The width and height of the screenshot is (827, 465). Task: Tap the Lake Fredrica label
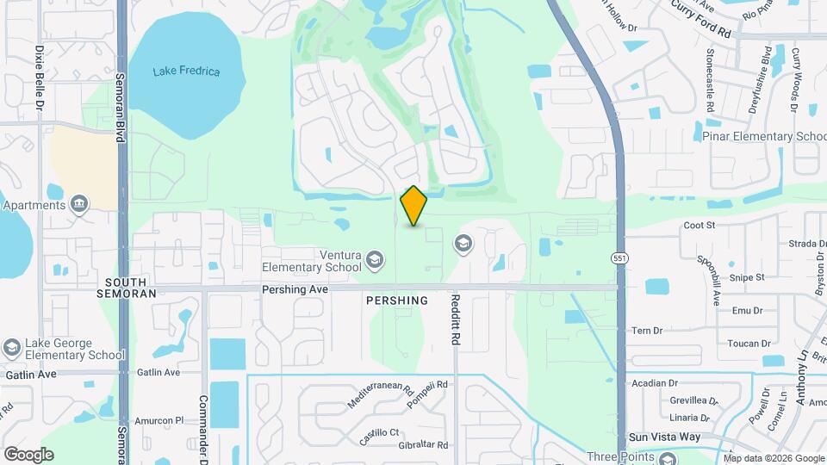click(x=186, y=71)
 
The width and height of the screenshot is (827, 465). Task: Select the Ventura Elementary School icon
click(x=375, y=259)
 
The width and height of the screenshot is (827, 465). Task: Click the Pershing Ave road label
click(x=295, y=290)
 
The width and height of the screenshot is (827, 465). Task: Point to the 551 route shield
click(x=619, y=258)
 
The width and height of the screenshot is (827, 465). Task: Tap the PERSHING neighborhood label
click(x=396, y=301)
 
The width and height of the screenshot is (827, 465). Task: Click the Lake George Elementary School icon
click(x=11, y=348)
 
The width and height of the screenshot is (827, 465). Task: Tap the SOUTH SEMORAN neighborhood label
click(x=131, y=288)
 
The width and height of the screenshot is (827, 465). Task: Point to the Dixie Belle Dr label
click(x=40, y=78)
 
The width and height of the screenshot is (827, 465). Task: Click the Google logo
click(x=28, y=454)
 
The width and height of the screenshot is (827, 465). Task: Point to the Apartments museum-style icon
click(x=79, y=204)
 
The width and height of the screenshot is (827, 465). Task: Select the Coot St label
click(x=700, y=225)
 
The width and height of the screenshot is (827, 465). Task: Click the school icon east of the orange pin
click(x=463, y=245)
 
